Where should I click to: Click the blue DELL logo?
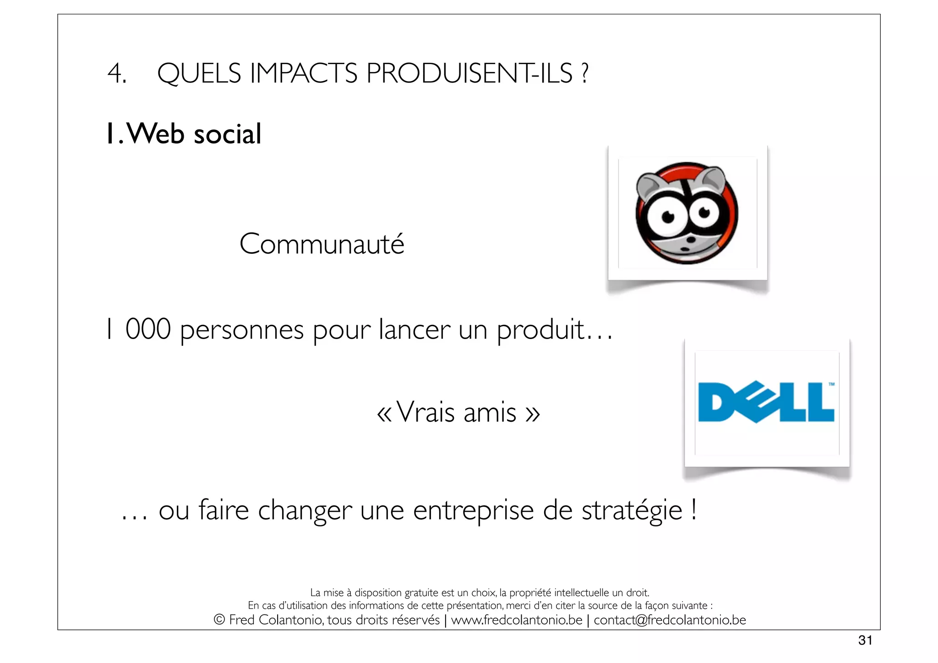766,402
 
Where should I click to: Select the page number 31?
865,640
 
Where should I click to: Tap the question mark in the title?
584,73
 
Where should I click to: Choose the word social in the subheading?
227,134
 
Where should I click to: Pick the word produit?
540,330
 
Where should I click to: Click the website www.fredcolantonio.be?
517,620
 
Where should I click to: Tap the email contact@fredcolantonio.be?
670,620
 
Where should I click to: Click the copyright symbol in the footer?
219,620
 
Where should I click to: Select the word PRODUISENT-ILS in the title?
469,73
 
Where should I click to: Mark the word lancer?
414,330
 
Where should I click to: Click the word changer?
305,510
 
